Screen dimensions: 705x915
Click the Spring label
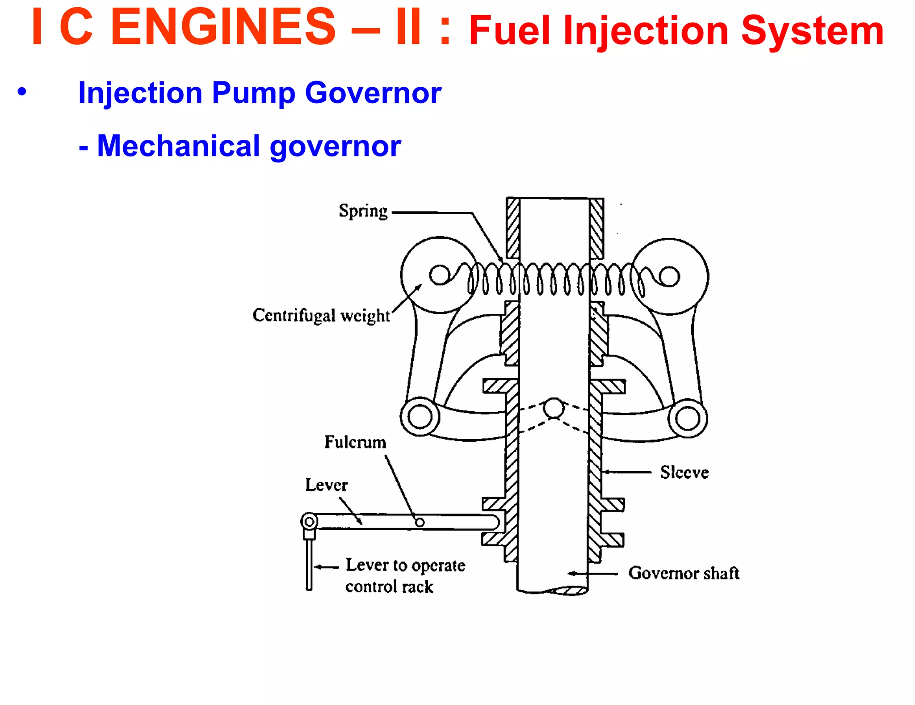363,211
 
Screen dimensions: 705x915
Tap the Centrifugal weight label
321,316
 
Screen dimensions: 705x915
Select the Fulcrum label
355,442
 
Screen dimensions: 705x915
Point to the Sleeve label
684,473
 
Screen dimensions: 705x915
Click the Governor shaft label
683,573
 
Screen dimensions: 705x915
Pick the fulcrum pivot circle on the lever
420,522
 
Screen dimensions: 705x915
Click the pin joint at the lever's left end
309,521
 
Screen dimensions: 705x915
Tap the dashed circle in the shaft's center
554,408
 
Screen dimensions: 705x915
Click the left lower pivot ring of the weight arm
420,418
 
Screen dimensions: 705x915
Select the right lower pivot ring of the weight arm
688,419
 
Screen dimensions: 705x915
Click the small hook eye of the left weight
440,274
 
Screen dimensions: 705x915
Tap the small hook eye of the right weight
669,276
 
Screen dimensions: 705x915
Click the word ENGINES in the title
222,28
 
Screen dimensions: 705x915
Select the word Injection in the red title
646,31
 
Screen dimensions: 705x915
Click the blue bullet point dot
22,92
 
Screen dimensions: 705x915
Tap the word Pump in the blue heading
253,93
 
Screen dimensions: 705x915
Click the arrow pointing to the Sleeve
625,472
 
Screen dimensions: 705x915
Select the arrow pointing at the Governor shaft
592,573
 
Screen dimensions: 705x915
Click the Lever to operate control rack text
404,576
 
